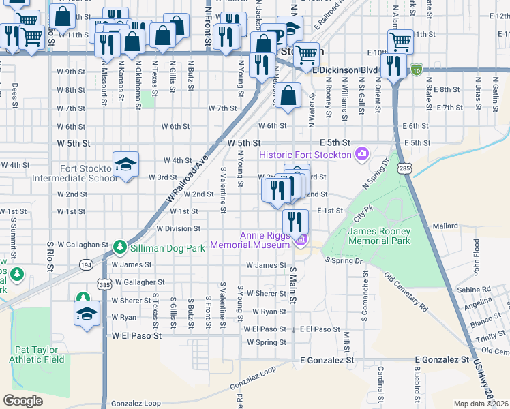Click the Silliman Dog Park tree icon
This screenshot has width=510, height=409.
pos(120,245)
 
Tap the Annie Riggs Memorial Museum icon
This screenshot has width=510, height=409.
pos(299,240)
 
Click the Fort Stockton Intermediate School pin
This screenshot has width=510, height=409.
pos(125,164)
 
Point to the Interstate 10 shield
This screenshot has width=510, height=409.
pos(416,69)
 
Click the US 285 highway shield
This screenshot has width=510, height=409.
pos(405,167)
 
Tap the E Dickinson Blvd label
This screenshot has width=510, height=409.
pos(344,70)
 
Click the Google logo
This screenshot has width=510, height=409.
pos(22,401)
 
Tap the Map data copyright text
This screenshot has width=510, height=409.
pos(481,404)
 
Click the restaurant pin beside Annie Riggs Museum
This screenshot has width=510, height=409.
pos(295,221)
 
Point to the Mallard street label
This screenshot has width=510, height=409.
pos(445,226)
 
